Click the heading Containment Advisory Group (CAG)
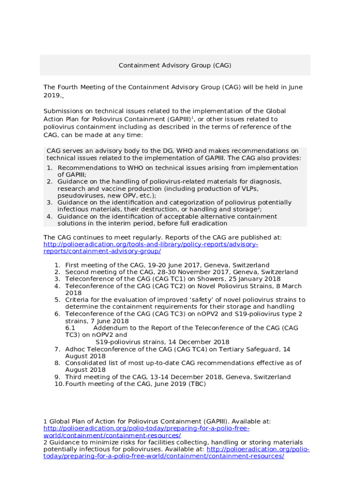coord(175,65)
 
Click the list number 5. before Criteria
coord(57,300)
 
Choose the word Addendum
coord(111,328)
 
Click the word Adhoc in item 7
coord(75,349)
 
